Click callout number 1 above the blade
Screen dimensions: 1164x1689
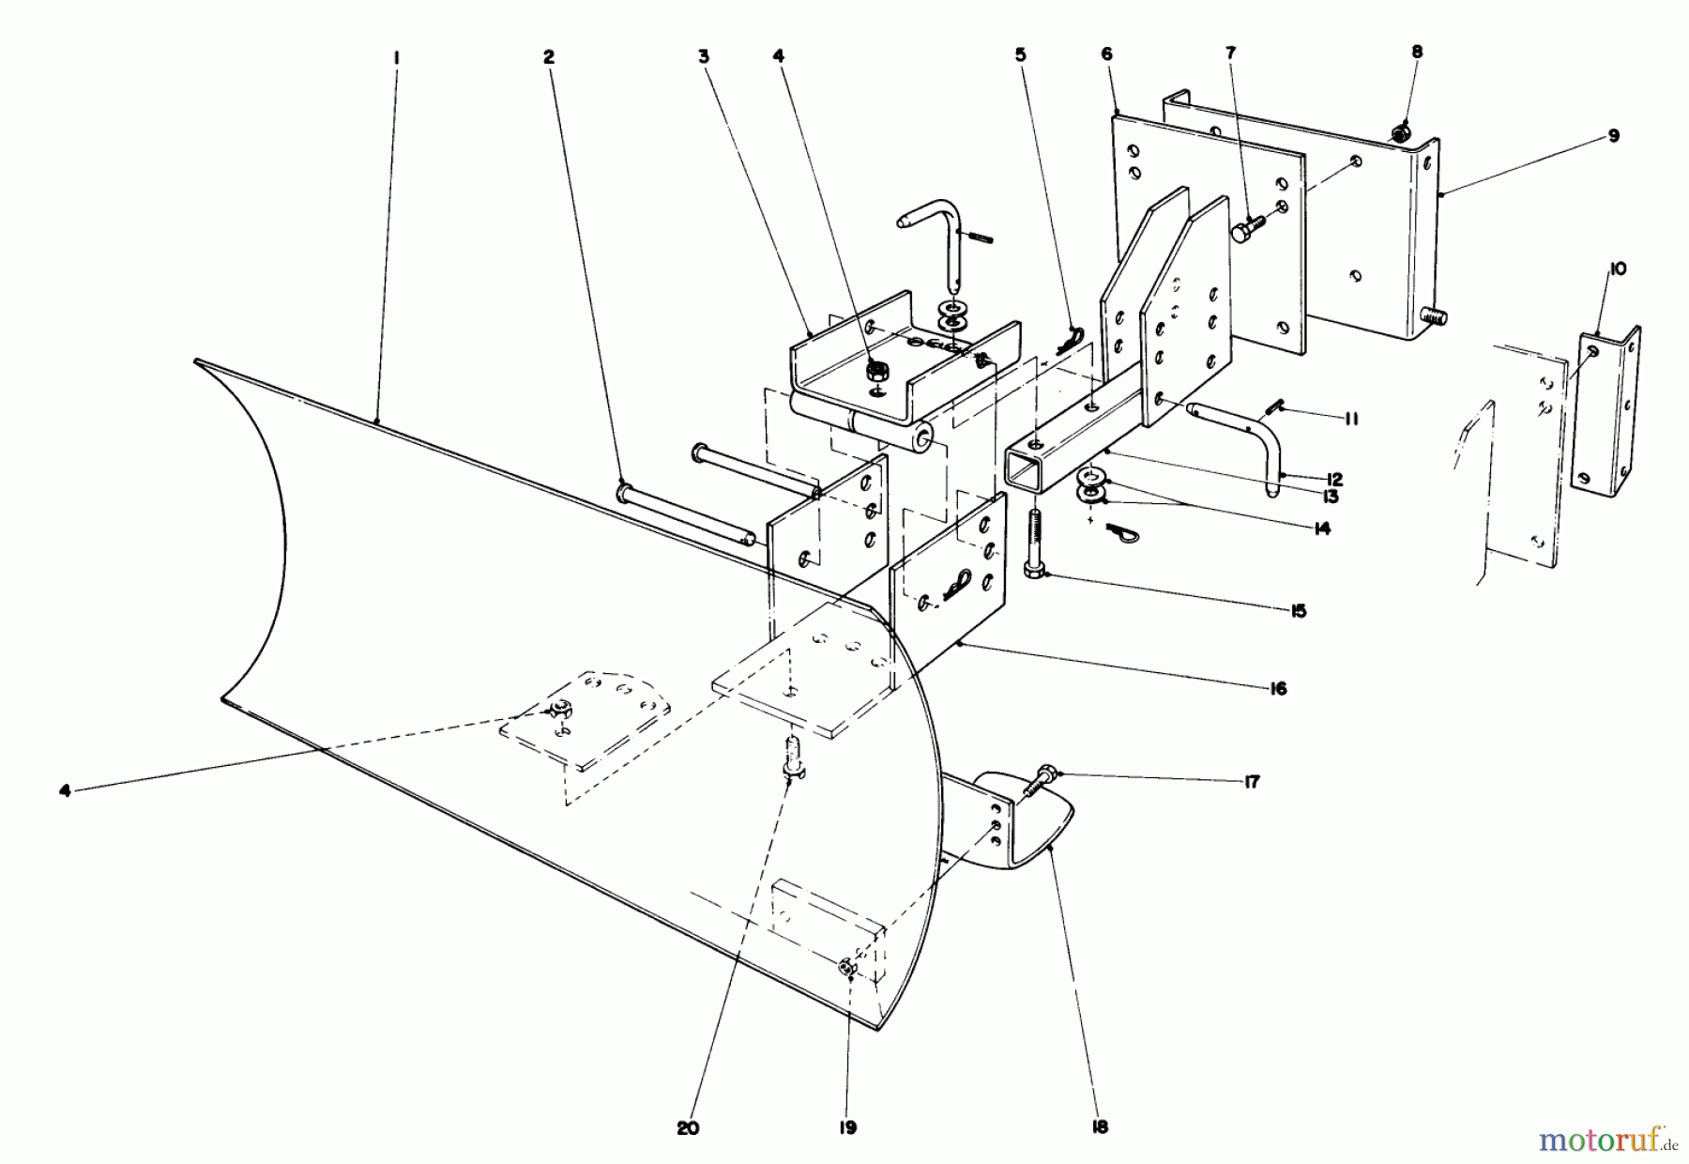[x=396, y=57]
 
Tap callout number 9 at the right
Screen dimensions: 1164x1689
[x=1613, y=136]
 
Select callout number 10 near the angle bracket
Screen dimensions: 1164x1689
[x=1620, y=269]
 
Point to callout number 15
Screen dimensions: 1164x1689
[x=1299, y=611]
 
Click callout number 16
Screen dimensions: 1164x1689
[x=1277, y=689]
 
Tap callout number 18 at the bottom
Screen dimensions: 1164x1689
[x=1101, y=1127]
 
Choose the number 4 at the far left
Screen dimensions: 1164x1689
[x=64, y=791]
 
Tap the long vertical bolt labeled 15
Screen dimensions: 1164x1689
[x=1035, y=544]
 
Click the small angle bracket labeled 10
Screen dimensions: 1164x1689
[x=1606, y=413]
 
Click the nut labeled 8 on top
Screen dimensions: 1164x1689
[x=1399, y=134]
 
